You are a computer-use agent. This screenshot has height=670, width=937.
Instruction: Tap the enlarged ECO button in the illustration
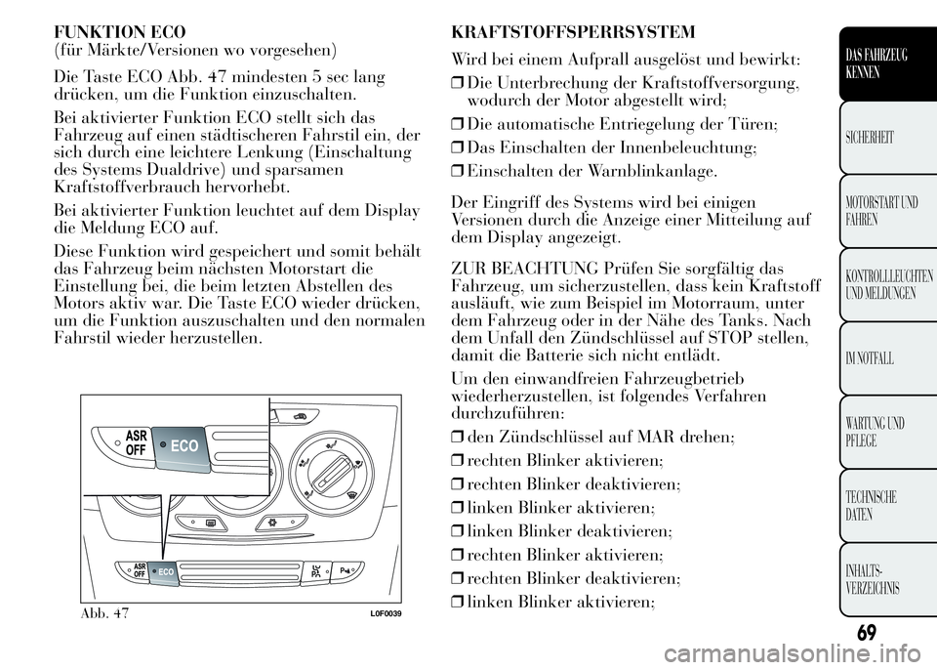point(181,443)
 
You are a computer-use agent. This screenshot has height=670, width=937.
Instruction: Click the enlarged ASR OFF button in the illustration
point(128,441)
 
